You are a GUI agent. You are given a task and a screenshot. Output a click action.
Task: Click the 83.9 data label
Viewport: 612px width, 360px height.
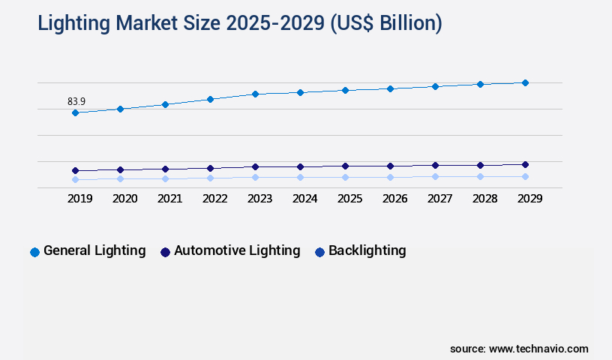[76, 101]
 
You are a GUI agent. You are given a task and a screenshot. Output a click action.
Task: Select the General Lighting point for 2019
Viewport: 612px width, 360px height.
[75, 112]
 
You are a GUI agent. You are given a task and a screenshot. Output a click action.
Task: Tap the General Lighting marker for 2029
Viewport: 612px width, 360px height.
[525, 82]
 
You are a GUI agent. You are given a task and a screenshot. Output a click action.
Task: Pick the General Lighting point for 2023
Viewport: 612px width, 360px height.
[255, 94]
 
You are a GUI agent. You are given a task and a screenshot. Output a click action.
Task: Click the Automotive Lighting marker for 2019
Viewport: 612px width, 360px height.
[75, 170]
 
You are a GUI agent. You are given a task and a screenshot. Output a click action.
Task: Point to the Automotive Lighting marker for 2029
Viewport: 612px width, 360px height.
[525, 164]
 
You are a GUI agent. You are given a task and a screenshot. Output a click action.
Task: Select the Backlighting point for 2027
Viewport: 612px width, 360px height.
[435, 176]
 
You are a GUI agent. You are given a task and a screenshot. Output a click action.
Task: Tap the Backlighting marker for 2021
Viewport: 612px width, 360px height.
[165, 178]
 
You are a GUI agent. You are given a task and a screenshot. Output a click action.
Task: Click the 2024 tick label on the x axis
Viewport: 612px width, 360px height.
[304, 199]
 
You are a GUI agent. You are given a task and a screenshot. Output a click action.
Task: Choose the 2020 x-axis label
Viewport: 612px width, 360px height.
[124, 199]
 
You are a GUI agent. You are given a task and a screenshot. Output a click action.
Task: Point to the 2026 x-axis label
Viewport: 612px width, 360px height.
[394, 199]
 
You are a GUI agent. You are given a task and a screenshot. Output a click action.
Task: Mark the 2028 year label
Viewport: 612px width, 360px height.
[484, 199]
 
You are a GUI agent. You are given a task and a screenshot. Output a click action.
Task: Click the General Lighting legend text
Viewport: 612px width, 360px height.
[94, 250]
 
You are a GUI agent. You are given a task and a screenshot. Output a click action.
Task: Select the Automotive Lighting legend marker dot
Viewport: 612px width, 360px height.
[165, 252]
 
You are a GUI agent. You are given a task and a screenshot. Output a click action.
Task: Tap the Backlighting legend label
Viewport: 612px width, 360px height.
[367, 250]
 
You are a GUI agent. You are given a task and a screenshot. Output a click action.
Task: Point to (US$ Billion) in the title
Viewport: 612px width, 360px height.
[385, 23]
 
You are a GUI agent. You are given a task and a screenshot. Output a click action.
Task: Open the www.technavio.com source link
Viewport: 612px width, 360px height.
[538, 349]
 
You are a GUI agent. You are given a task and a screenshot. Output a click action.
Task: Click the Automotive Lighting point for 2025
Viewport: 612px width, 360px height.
[345, 166]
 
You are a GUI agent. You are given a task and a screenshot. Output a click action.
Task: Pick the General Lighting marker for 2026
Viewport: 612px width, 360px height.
[390, 88]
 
